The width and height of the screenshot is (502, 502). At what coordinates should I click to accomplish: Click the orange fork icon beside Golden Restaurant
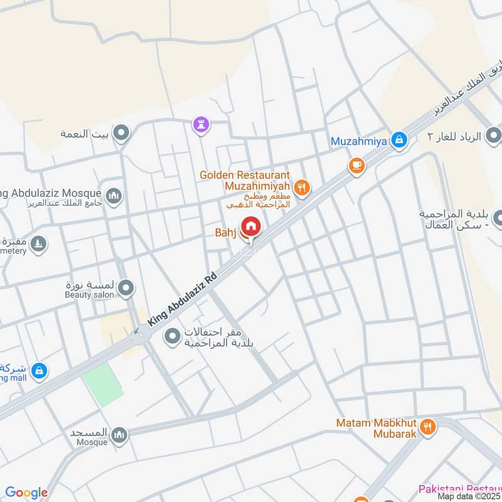point(302,186)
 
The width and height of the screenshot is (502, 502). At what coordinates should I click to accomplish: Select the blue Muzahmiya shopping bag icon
point(398,141)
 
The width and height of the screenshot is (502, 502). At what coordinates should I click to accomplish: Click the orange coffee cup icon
point(356,165)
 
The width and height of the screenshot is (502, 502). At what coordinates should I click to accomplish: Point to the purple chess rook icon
point(200,124)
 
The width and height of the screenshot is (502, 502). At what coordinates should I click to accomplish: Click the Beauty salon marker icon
point(127,288)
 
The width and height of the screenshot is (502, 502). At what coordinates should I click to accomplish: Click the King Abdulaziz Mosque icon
point(114,196)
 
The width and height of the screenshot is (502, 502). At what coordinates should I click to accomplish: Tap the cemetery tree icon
point(39,243)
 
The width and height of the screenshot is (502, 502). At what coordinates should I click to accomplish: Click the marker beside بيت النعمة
point(122,133)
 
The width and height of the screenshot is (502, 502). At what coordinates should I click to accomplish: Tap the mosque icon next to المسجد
point(119,434)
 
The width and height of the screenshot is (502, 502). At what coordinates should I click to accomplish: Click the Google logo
point(26,493)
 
